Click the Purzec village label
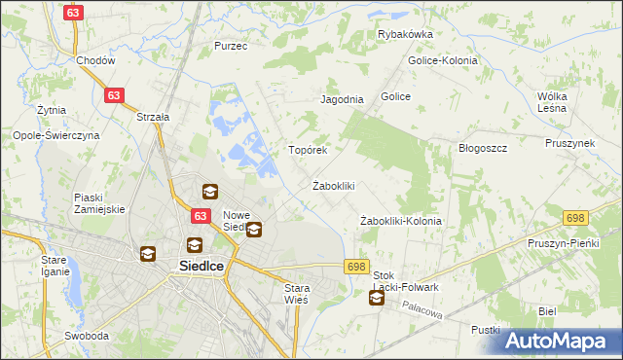coord(231,46)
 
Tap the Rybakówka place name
coord(405,34)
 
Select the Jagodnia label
coord(342,99)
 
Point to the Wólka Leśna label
coord(559,102)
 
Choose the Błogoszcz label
coord(484,148)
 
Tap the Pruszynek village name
coord(570,143)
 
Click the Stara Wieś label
coord(296,294)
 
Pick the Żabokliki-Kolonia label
coord(401,221)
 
